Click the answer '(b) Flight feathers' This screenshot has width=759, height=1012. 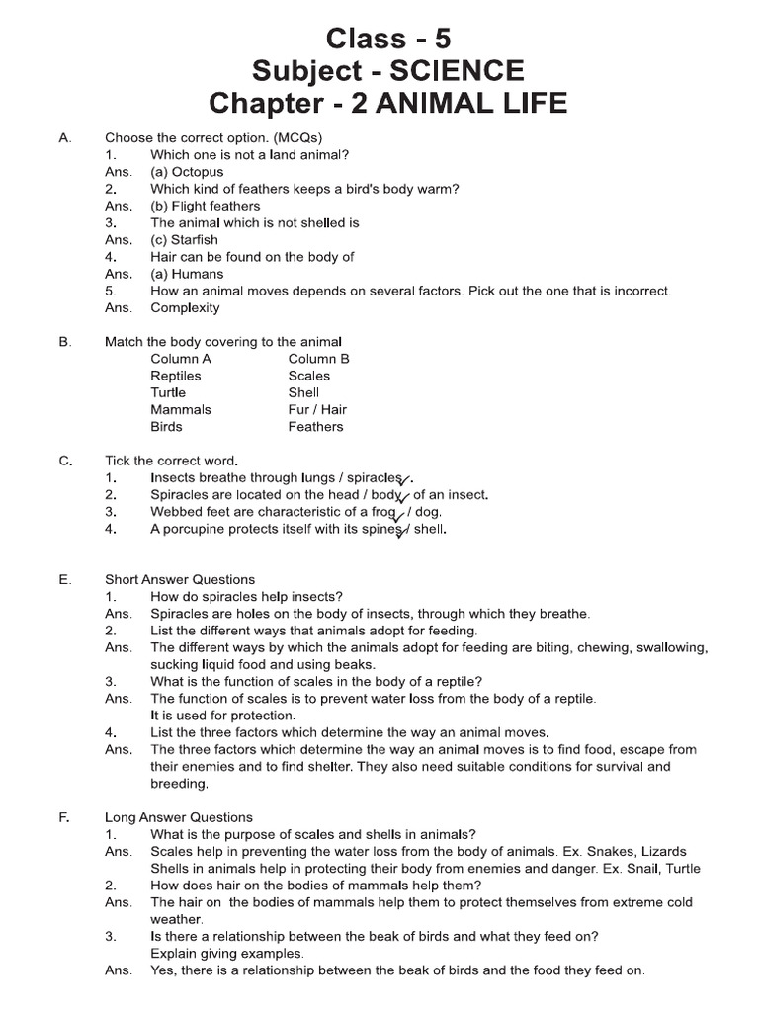coord(205,206)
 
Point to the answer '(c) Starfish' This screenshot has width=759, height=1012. coord(184,239)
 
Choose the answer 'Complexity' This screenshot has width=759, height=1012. coord(185,307)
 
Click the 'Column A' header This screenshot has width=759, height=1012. coord(181,359)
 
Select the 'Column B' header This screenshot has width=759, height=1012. coord(318,359)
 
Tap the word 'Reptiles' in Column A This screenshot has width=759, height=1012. coord(175,376)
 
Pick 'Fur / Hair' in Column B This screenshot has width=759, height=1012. coord(317,409)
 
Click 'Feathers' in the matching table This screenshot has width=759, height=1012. coord(315,427)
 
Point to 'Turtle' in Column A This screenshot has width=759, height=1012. coord(168,392)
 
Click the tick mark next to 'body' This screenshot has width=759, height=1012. coord(403,497)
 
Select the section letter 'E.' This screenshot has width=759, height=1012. coord(65,579)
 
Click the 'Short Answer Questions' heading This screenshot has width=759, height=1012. coord(180,579)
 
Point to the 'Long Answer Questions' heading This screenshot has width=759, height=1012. coord(179,817)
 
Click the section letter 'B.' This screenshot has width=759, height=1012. coord(65,342)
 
